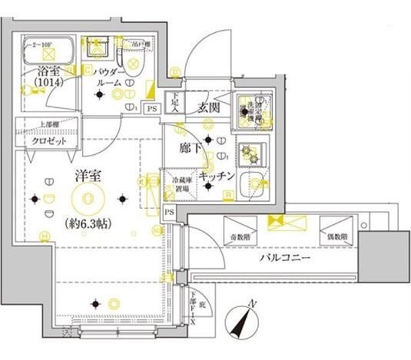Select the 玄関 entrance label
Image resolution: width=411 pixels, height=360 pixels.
pyautogui.click(x=210, y=107)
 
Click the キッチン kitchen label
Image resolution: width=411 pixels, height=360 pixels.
pyautogui.click(x=217, y=176)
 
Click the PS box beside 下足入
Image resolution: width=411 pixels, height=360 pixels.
pyautogui.click(x=151, y=108)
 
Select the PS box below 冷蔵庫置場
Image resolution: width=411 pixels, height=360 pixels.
pyautogui.click(x=168, y=212)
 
